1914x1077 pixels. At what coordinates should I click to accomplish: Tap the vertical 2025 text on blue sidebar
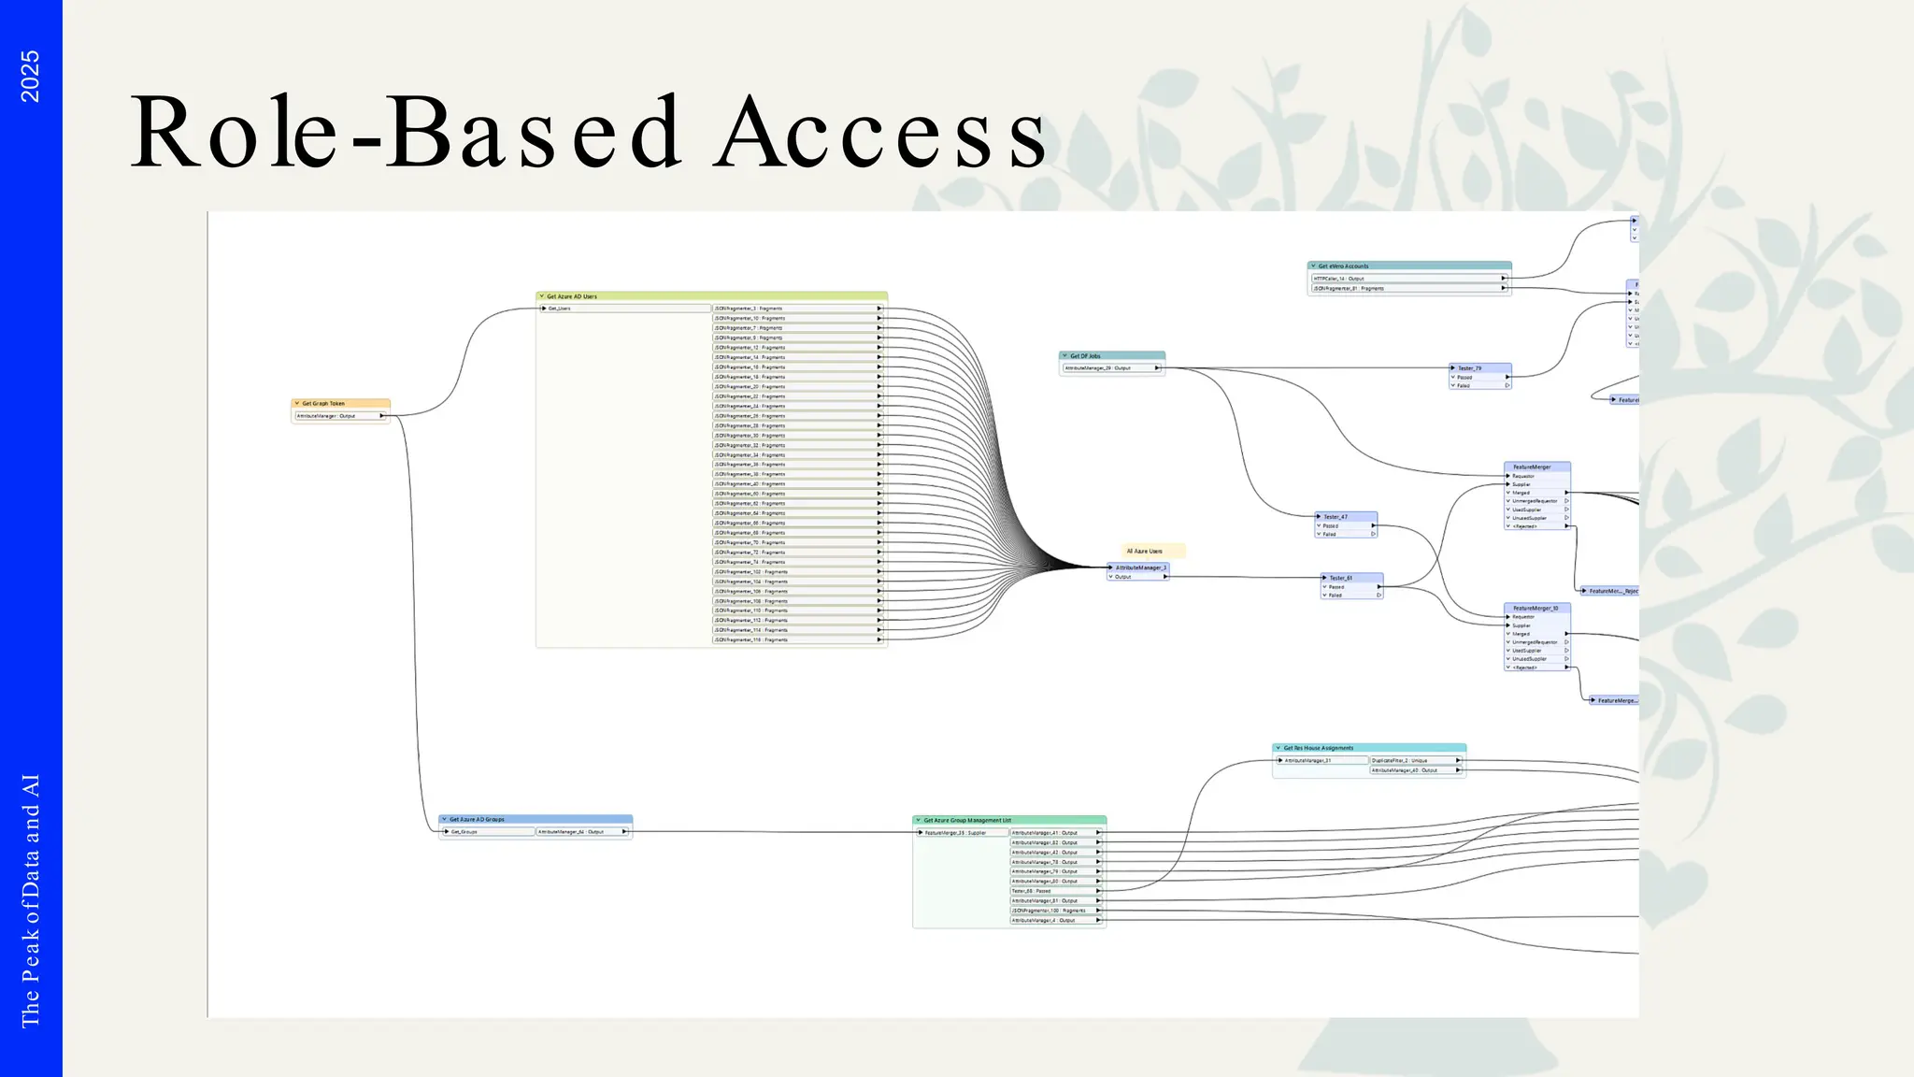(x=30, y=77)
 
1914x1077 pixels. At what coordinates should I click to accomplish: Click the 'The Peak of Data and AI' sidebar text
(x=30, y=900)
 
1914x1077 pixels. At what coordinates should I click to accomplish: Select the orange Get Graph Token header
(x=340, y=404)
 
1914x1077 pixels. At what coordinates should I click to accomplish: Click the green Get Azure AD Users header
(x=710, y=296)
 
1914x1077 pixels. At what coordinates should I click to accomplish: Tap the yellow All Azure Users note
(x=1152, y=552)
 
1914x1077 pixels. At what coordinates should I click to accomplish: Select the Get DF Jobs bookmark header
(x=1111, y=356)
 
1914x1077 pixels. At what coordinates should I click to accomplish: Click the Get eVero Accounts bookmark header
(x=1408, y=266)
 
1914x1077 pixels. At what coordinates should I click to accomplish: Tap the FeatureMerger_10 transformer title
(x=1535, y=608)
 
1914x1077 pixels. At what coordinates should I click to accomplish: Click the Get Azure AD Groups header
(x=536, y=819)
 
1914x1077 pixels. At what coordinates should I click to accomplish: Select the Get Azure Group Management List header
(x=1009, y=820)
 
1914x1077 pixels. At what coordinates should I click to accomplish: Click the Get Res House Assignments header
(x=1368, y=748)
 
